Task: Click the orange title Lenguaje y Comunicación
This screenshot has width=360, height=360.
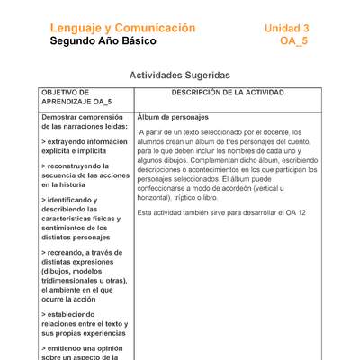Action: coord(122,28)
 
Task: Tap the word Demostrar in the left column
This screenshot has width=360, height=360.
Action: coord(60,118)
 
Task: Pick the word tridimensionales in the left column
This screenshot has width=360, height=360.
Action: coord(74,280)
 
